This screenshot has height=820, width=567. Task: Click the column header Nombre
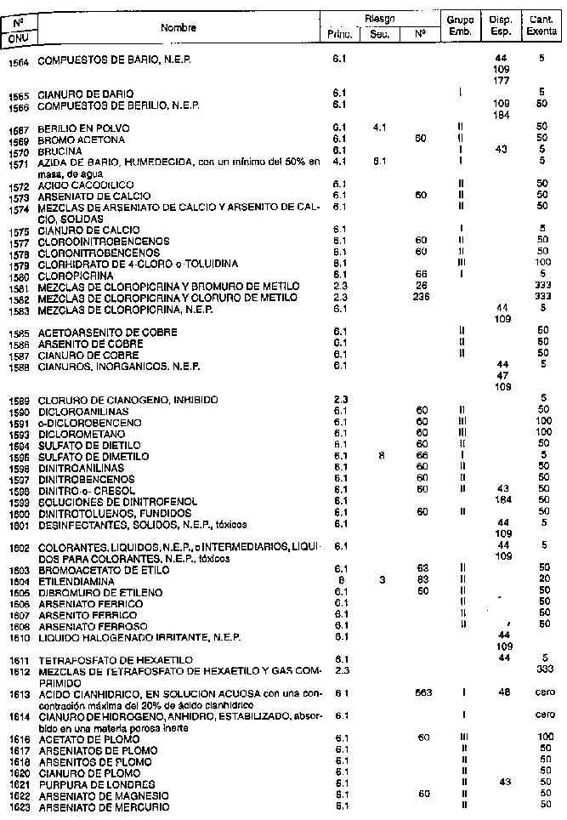coord(179,28)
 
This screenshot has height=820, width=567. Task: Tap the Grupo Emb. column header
coord(459,28)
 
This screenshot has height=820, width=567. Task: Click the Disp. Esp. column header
coord(501,28)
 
